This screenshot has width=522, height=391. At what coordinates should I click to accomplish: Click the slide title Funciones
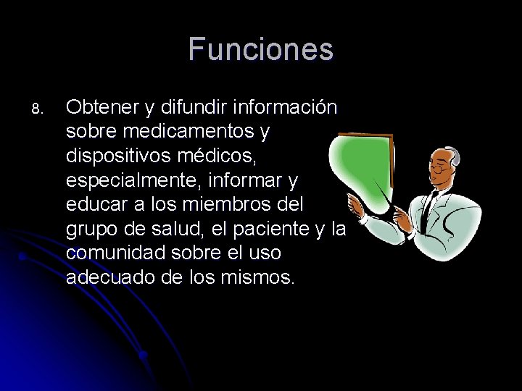(261, 49)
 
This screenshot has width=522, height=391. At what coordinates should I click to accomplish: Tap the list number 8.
(38, 109)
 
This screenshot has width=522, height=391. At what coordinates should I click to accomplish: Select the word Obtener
(101, 107)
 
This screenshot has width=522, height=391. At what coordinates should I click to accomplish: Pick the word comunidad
(112, 254)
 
